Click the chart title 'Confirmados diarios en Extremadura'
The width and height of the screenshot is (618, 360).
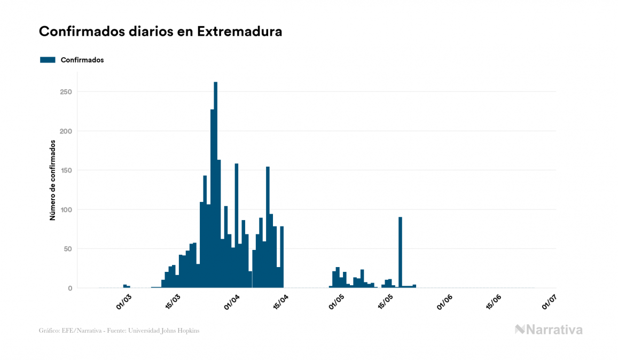160,32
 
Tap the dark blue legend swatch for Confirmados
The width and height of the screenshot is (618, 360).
48,60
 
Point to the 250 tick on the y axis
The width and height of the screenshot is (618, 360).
66,92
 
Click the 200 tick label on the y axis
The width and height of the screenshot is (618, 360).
66,131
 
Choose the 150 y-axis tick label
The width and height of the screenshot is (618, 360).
66,170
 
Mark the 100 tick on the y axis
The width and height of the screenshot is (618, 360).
66,210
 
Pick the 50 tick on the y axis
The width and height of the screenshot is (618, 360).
68,249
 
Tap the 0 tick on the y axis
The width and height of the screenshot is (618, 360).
69,288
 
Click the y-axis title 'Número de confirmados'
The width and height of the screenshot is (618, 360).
53,180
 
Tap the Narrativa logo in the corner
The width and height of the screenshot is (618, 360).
549,330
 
